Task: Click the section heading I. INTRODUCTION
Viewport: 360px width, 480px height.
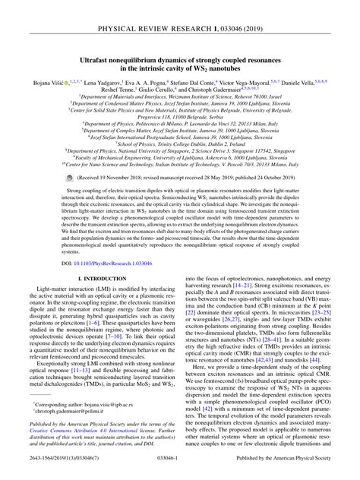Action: (90, 280)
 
